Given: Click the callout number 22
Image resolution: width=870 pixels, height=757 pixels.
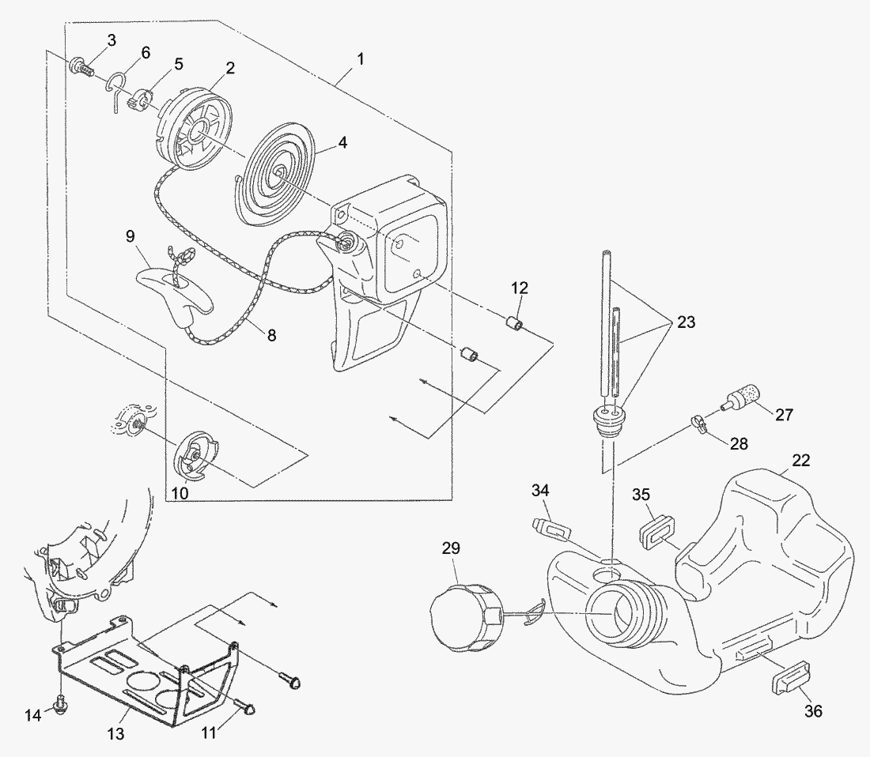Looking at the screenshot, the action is [x=801, y=461].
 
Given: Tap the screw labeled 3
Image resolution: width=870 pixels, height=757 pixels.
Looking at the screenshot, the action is [x=82, y=66].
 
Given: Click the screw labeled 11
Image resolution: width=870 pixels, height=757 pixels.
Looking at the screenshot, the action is [x=244, y=706].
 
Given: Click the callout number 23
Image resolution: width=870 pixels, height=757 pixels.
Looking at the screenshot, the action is [x=686, y=322].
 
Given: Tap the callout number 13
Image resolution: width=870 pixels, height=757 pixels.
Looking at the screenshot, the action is [x=115, y=734].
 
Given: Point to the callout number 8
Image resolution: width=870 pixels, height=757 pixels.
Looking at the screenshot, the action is [x=271, y=335].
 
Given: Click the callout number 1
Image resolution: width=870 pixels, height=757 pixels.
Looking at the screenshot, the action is [x=361, y=58].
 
